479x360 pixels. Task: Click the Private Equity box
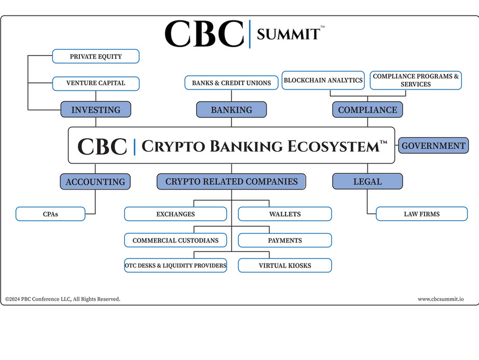click(x=95, y=56)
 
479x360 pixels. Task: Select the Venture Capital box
click(x=95, y=83)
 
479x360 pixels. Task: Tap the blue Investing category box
click(x=95, y=110)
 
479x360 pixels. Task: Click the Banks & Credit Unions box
click(x=231, y=83)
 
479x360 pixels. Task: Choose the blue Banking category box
click(x=231, y=110)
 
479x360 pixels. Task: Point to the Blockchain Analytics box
click(x=323, y=81)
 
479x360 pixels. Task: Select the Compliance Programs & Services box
click(x=416, y=81)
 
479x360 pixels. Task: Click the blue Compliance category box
click(x=367, y=110)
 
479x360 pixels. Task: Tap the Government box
click(x=433, y=145)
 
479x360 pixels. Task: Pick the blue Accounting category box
click(x=95, y=182)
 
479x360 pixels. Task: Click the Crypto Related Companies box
click(x=231, y=181)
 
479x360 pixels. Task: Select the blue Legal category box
click(x=367, y=181)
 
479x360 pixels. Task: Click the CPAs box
click(x=50, y=214)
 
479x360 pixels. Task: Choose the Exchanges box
click(x=175, y=214)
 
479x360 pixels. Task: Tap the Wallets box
click(x=285, y=214)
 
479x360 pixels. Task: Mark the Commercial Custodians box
click(x=175, y=241)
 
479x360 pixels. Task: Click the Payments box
click(x=285, y=241)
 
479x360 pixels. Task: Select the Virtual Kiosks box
click(x=285, y=265)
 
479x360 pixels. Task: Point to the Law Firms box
click(x=421, y=214)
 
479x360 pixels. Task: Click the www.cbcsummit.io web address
click(x=441, y=299)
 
